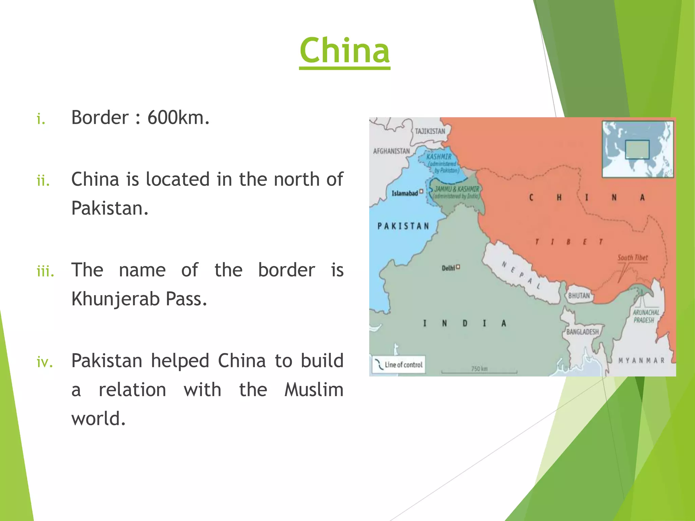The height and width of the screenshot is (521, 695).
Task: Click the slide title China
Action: (344, 51)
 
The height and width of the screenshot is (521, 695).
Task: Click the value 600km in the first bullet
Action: (178, 118)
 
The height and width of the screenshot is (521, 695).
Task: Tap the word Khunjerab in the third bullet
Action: (115, 299)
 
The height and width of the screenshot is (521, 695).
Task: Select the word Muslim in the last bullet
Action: (314, 390)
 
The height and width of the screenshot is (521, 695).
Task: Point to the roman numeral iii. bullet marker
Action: (45, 272)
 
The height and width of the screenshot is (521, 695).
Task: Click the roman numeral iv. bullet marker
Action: (45, 362)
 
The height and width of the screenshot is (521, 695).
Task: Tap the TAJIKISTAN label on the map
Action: (430, 131)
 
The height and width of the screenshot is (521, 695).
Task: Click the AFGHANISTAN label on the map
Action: (391, 151)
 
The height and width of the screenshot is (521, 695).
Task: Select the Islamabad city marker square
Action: (421, 191)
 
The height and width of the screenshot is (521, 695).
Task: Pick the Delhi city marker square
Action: (458, 267)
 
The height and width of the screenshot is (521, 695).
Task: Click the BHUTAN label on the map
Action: (579, 296)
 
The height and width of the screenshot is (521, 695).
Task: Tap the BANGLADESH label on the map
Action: (582, 332)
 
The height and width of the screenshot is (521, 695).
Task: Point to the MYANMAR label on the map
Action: (641, 361)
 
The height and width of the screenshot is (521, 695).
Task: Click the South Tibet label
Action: (632, 258)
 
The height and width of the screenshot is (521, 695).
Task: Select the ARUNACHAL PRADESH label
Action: (645, 316)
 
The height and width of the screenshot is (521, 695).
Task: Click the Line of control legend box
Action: (399, 365)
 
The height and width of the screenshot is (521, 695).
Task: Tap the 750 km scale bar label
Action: (479, 369)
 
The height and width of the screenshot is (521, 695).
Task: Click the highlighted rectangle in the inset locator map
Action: (637, 150)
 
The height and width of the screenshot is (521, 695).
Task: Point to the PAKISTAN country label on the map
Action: (403, 226)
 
